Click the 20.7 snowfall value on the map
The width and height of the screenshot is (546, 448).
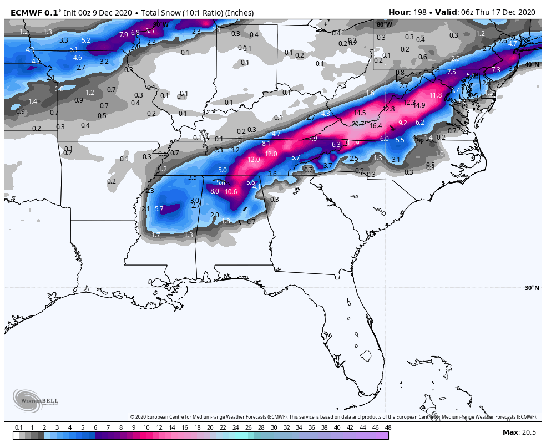tap(358, 124)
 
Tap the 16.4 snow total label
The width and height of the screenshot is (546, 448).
tap(377, 126)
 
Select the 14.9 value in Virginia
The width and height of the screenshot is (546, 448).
tap(419, 105)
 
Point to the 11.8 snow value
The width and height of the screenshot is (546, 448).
tap(436, 95)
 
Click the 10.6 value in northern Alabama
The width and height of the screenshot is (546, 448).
tap(231, 192)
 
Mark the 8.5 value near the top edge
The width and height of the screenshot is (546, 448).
tap(150, 31)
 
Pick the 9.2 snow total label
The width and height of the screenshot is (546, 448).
tap(403, 123)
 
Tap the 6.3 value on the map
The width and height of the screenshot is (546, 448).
tap(336, 145)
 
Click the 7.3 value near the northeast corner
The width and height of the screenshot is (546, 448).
tap(496, 70)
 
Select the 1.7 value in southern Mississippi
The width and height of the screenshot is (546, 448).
tap(156, 235)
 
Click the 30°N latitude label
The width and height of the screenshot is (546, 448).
tap(532, 288)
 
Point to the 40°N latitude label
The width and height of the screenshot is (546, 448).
tap(532, 64)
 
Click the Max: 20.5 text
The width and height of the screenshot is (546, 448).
tap(519, 432)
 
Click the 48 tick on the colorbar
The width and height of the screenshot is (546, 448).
tap(388, 427)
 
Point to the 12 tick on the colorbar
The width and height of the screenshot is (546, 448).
tap(159, 427)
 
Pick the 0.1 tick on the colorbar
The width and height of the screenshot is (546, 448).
tap(19, 427)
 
